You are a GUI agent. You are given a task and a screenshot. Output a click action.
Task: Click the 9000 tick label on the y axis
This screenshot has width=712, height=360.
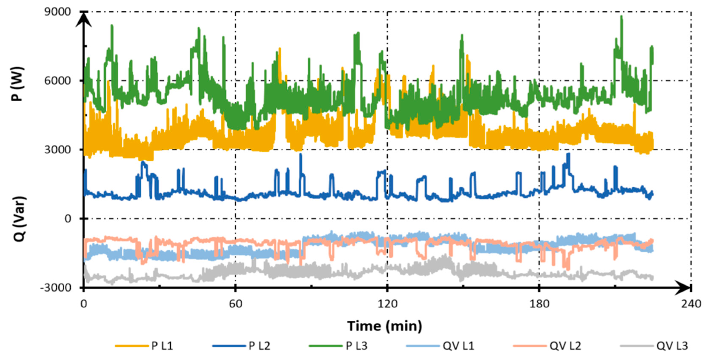[58, 12]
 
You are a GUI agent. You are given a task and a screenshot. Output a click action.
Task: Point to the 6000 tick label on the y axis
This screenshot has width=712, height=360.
[58, 81]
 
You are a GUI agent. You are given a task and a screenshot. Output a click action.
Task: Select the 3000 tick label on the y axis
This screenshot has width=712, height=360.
[58, 150]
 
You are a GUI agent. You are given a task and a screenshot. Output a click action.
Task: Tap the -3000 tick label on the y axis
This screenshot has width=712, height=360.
[56, 288]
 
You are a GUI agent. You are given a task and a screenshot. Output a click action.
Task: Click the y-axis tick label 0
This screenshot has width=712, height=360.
[68, 219]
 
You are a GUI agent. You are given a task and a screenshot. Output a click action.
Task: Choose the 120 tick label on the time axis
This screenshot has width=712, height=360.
[387, 304]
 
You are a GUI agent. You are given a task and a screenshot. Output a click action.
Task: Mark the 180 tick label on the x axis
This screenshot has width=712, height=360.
[539, 304]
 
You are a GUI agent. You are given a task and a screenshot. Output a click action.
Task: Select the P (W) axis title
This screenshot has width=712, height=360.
[18, 84]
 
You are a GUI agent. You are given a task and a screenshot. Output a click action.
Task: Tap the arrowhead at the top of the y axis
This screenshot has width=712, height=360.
[83, 19]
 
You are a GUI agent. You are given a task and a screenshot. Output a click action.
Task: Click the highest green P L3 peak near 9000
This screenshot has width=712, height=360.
[622, 17]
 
